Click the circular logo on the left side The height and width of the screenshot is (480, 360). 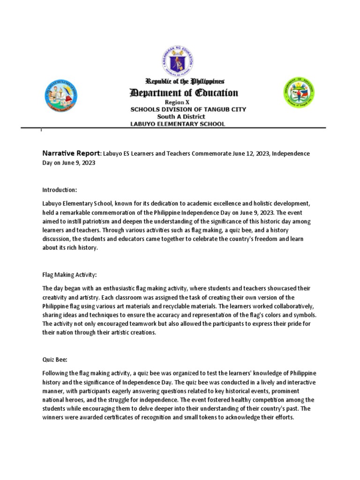tap(60, 95)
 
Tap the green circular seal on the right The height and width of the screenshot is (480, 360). tap(299, 92)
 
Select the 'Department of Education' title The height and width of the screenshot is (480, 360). tap(184, 93)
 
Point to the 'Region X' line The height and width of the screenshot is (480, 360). tap(177, 102)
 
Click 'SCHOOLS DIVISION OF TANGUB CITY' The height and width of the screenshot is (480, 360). tap(188, 109)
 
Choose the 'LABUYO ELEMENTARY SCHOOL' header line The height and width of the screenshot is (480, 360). tap(178, 124)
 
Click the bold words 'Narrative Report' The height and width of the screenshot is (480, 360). tap(71, 153)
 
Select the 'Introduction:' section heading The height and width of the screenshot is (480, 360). tap(60, 190)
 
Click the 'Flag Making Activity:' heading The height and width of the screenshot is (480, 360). tap(69, 274)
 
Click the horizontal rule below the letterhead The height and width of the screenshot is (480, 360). tap(183, 128)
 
